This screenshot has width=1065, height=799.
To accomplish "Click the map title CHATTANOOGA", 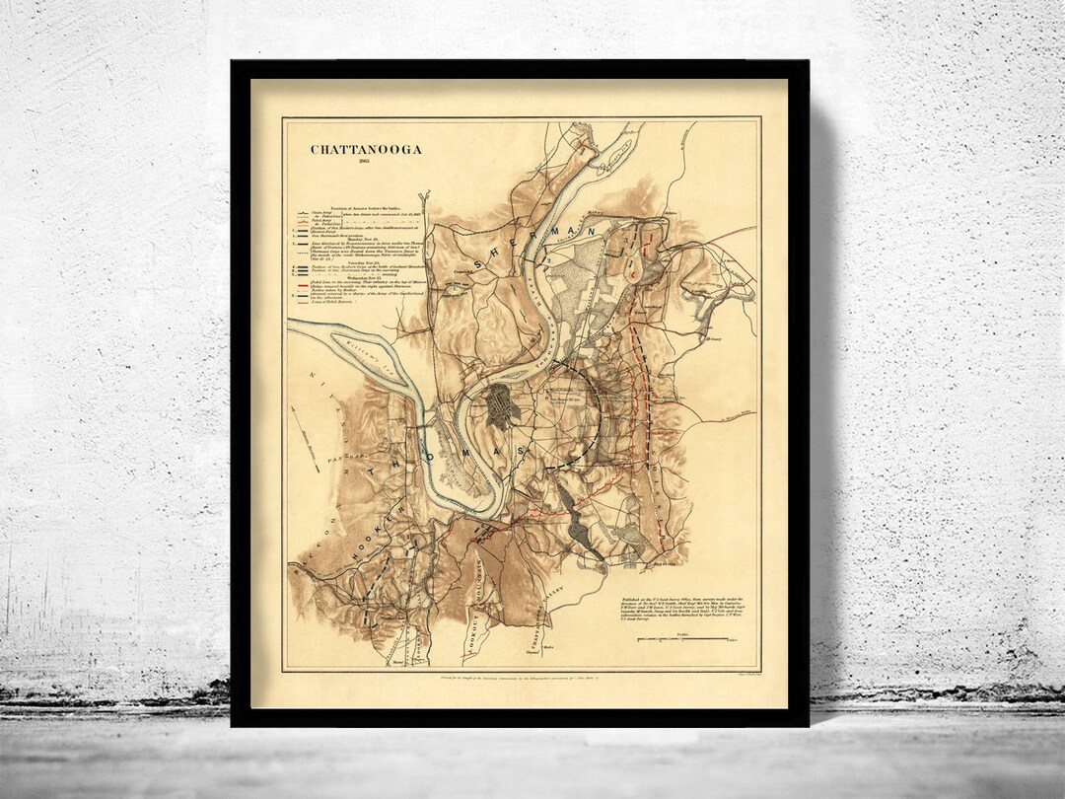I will (x=366, y=150).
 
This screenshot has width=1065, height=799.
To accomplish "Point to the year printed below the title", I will (x=365, y=163).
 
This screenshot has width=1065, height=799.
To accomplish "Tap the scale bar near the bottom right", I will (x=689, y=639).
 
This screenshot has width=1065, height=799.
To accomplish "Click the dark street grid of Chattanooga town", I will (x=500, y=405).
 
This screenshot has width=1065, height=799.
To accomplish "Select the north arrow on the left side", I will (x=306, y=439).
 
